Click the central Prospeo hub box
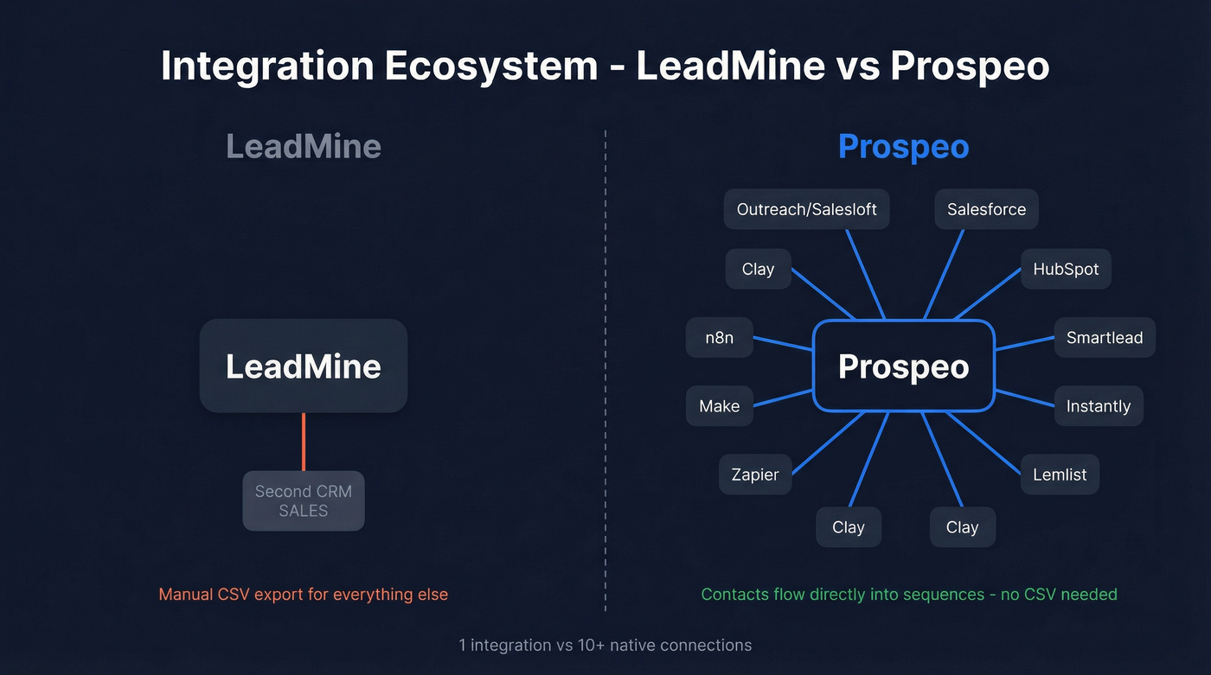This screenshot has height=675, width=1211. coord(904,366)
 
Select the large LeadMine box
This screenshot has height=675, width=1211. coord(303,366)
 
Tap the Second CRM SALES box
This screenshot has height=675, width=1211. coord(303,500)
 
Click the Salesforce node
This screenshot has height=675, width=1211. coord(986,209)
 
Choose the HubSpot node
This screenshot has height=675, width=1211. coord(1066,269)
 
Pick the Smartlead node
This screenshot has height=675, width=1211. coord(1105,337)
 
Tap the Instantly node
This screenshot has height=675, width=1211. coord(1099,405)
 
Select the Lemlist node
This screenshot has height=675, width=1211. coord(1060,474)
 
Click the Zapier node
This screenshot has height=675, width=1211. coord(755,474)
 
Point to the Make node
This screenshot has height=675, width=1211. coord(720,405)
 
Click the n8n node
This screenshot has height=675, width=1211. coord(719,337)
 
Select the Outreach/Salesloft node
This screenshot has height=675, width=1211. coord(806,209)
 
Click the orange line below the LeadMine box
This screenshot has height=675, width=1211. coord(304,441)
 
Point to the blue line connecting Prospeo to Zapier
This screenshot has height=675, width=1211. coord(828,443)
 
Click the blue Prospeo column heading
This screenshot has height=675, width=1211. coord(903,147)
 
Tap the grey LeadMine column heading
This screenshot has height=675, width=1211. coord(303,147)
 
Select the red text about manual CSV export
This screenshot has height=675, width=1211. coord(303,595)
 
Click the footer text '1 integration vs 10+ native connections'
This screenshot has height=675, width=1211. coord(605,645)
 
